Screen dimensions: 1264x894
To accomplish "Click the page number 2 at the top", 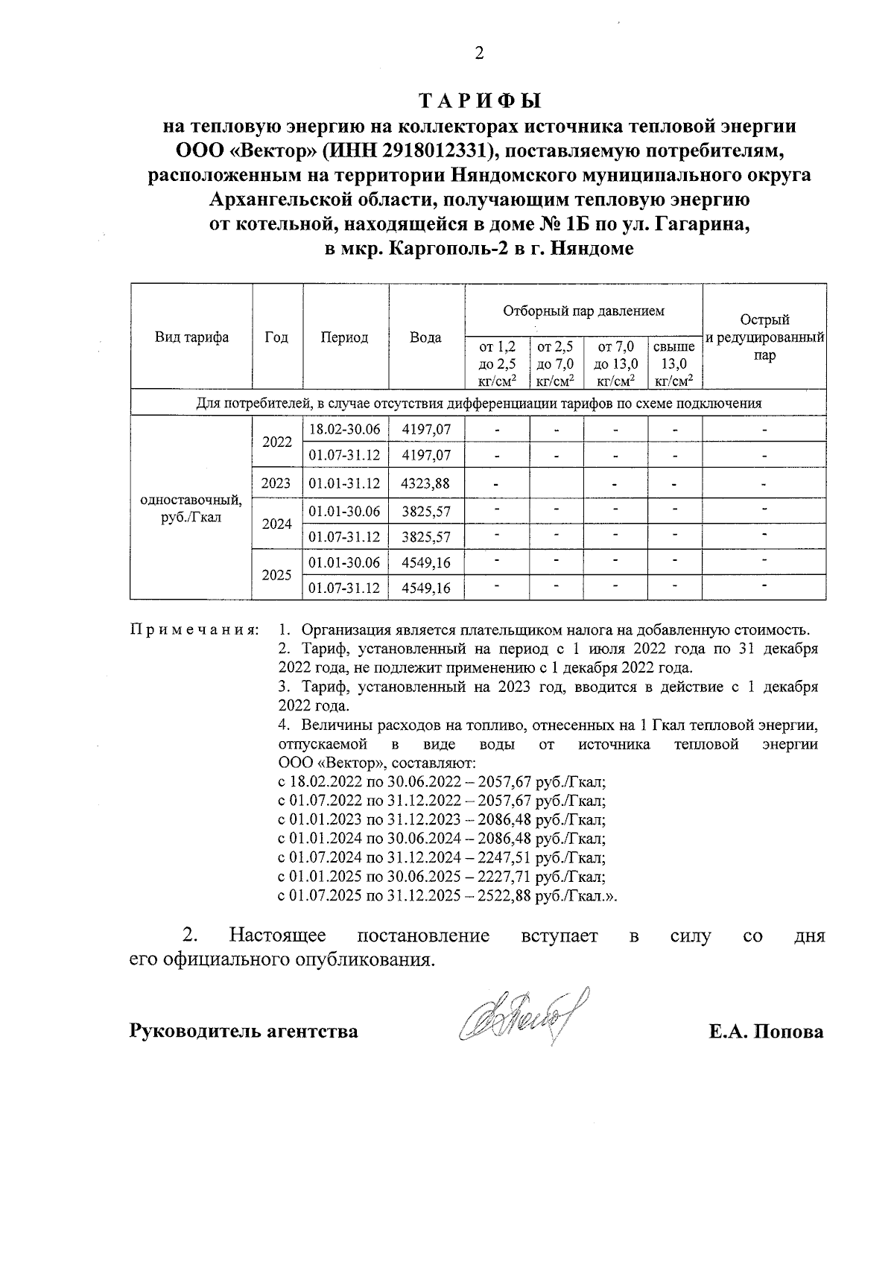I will coord(479,53).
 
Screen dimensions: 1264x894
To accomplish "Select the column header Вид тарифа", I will coord(191,337).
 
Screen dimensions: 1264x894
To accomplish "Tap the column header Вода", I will coord(425,337).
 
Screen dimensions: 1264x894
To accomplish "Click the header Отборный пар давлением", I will coord(583,311).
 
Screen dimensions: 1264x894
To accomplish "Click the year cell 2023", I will coord(276,483).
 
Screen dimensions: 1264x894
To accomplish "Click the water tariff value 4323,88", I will coord(425,483).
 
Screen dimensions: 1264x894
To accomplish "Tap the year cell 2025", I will coord(276,575).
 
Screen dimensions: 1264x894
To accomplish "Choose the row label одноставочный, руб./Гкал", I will coord(191,509).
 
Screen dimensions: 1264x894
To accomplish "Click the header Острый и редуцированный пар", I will coord(764,337).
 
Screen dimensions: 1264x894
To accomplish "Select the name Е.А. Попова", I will coord(766,1032).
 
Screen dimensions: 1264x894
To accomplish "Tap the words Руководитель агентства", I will coord(244,1032).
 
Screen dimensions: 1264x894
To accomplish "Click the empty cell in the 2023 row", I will coord(556,483).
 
